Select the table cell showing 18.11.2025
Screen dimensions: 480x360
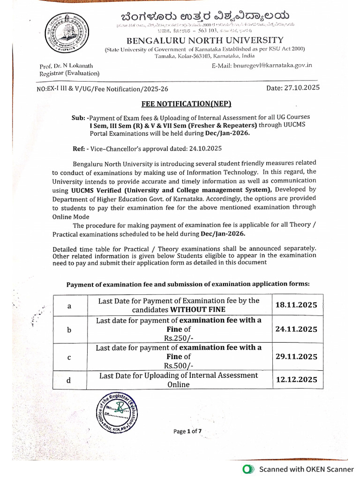coord(296,305)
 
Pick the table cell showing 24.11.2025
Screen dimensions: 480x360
coord(296,329)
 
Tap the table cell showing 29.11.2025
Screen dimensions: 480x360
coord(296,356)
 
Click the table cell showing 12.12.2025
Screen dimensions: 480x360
coord(296,380)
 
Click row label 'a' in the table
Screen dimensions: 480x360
coord(69,306)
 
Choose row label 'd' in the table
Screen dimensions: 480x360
coord(68,380)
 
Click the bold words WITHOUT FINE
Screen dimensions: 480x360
coord(197,309)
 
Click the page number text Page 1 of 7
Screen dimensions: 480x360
coord(187,431)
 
